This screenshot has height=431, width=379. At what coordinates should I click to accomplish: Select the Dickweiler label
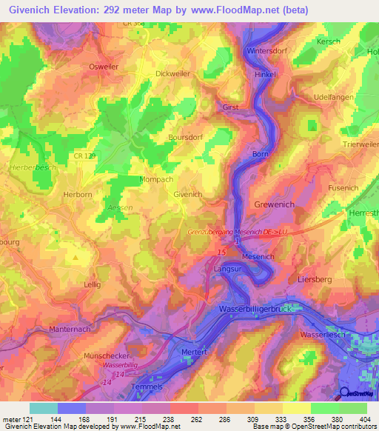point(174,73)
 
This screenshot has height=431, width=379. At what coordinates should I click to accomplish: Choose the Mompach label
point(157,180)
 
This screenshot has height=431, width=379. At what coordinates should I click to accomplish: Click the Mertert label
point(193,353)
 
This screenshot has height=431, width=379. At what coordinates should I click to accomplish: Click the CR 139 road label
point(85,155)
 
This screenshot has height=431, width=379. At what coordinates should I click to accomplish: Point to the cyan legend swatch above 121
point(44,408)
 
